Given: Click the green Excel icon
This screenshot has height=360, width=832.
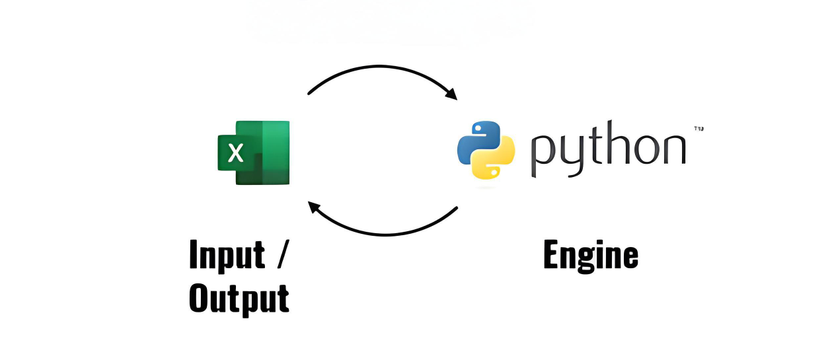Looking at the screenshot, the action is (254, 153).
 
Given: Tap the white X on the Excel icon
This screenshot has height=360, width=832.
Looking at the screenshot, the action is (236, 154).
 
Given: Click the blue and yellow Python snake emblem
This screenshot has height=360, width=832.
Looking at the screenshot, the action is (486, 150).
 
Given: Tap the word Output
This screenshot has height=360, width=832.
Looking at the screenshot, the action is (239, 299).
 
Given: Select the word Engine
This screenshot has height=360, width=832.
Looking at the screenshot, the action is (590, 256).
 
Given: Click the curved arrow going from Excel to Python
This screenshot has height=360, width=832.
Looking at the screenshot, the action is (382, 71).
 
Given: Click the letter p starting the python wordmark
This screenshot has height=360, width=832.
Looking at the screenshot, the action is (543, 153).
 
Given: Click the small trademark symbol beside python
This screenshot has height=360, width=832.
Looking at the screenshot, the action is (698, 128).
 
